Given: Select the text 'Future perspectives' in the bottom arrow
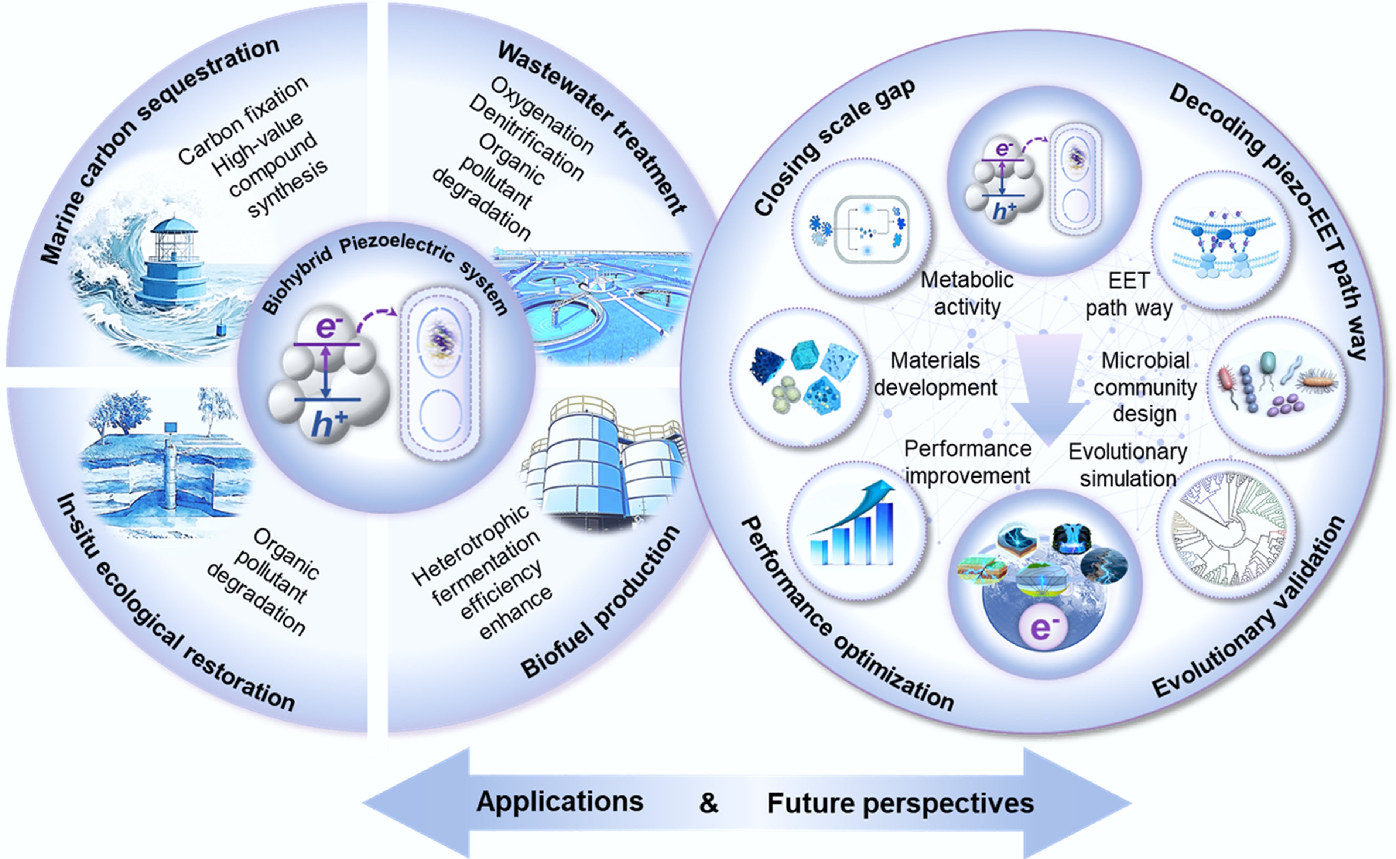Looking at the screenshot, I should pos(900,803).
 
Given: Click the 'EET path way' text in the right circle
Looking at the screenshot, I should pos(1129,294).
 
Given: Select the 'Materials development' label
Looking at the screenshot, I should pos(935,374).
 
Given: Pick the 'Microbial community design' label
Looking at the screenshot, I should pos(1145,387).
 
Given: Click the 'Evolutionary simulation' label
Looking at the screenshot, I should pos(1128,465).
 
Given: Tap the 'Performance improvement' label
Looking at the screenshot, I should pos(968,462).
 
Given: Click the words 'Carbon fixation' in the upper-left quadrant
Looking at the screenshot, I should pos(243,120).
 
